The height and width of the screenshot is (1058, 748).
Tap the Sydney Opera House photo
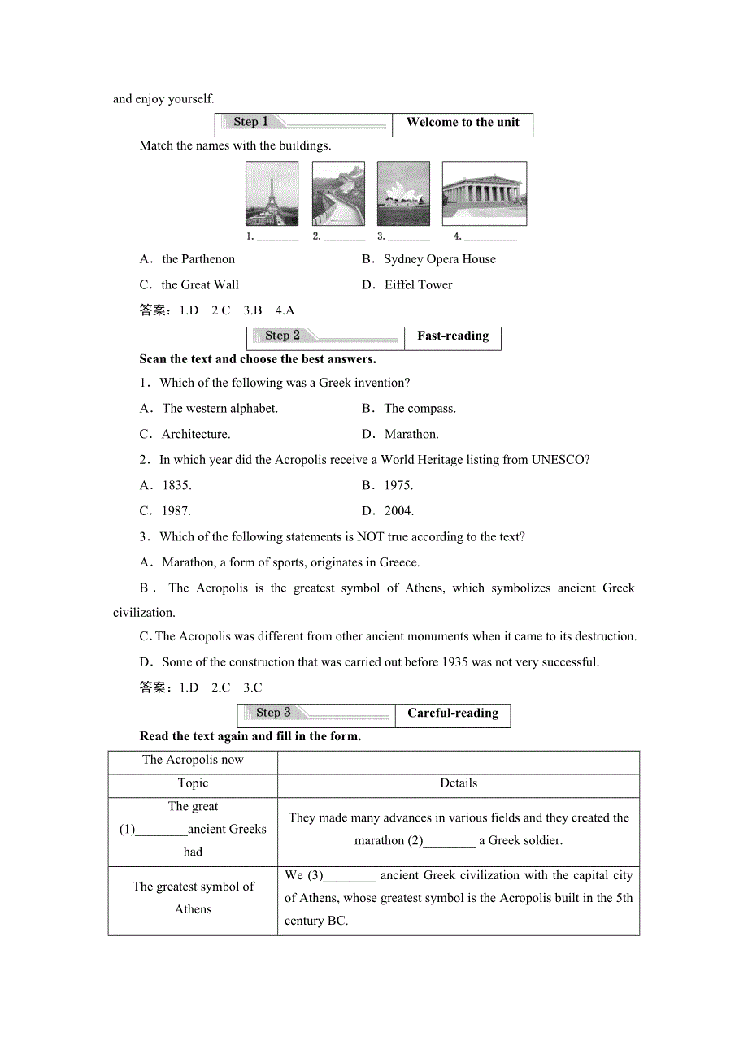click(x=403, y=193)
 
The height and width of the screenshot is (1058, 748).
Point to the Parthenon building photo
click(x=484, y=193)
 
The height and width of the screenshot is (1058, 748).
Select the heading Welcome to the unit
click(x=463, y=123)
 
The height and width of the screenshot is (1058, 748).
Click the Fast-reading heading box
click(x=453, y=336)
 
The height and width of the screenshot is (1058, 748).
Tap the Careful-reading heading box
click(x=453, y=713)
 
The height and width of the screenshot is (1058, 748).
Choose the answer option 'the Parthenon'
click(x=198, y=259)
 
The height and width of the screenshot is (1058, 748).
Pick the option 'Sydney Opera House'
click(x=439, y=259)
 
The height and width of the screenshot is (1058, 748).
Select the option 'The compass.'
click(x=420, y=409)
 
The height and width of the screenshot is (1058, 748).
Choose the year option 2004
click(x=398, y=511)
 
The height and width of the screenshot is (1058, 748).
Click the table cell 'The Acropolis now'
click(x=193, y=761)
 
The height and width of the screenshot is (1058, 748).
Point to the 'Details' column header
click(x=459, y=783)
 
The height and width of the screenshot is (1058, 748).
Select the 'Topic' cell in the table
click(x=193, y=783)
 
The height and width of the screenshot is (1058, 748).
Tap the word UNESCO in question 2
click(x=558, y=460)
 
